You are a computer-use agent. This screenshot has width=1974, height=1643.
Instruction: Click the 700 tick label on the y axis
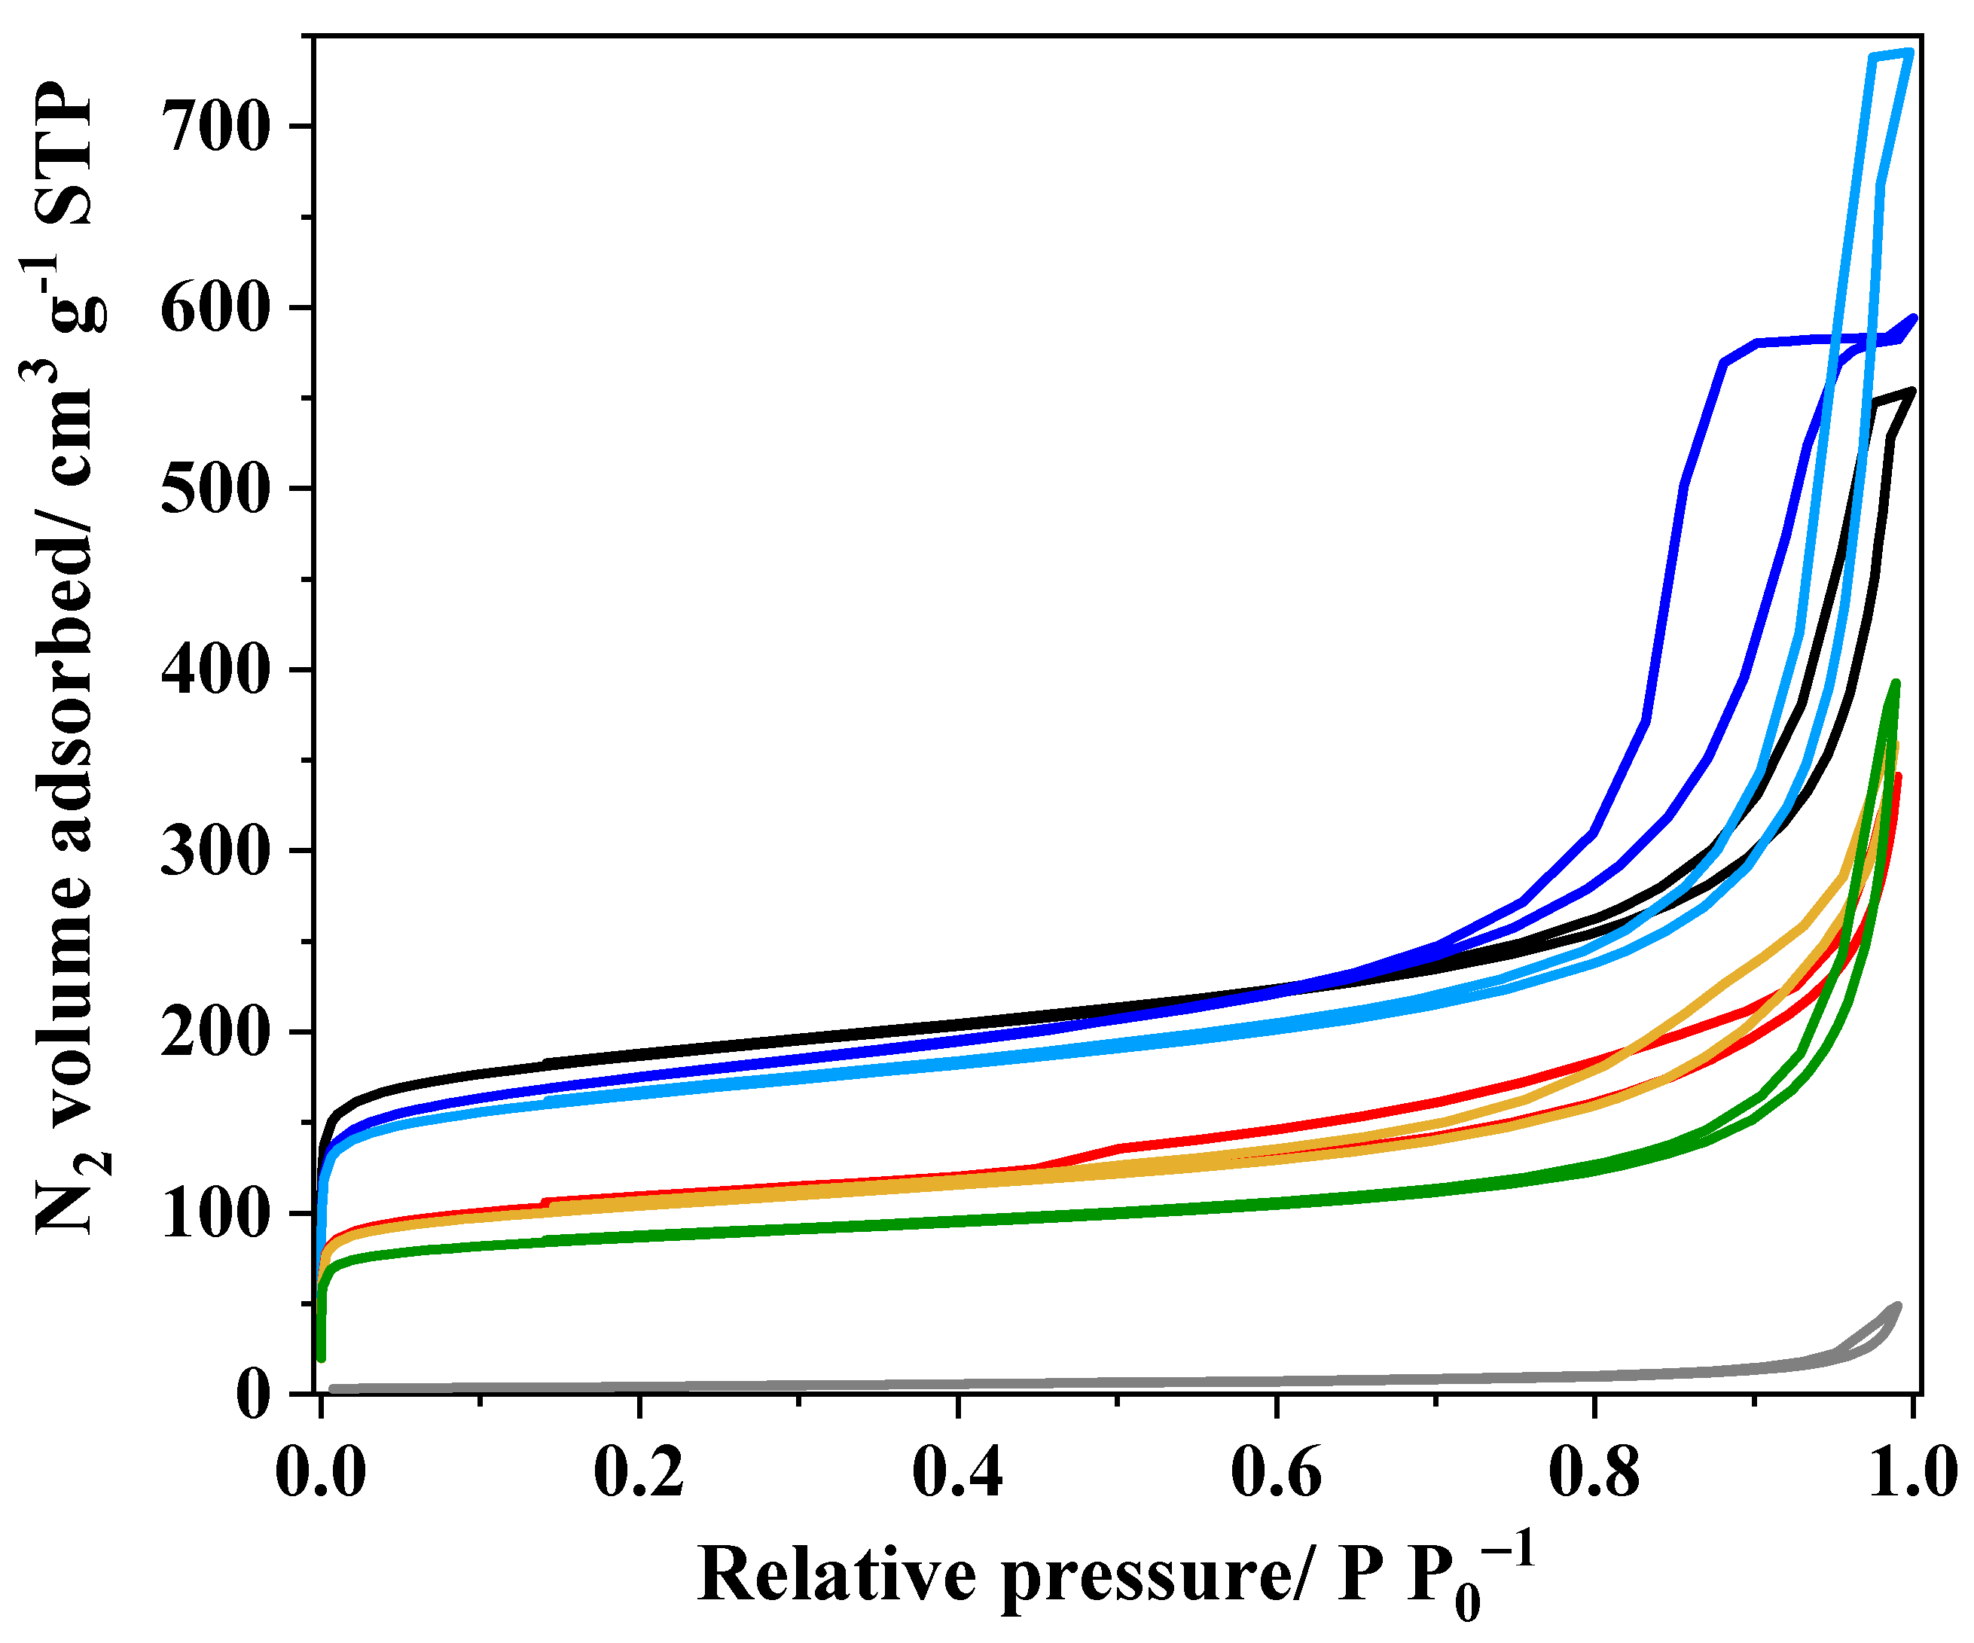[215, 127]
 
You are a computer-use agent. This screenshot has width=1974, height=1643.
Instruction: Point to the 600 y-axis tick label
[215, 308]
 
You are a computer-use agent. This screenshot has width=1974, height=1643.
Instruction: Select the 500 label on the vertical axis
[215, 489]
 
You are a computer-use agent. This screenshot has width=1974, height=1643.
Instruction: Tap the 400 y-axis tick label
[215, 670]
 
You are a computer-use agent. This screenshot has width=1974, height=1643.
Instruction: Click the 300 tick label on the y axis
[215, 852]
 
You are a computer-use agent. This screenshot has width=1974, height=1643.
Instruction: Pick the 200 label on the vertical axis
[215, 1033]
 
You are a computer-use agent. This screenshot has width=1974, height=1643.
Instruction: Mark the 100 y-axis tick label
[215, 1215]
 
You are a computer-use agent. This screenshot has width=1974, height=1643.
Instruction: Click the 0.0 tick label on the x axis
[321, 1473]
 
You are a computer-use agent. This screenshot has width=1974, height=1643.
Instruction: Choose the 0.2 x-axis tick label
[639, 1473]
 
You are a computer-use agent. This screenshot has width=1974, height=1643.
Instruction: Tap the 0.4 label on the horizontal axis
[958, 1473]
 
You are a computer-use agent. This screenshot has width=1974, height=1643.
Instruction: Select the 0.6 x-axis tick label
[1277, 1473]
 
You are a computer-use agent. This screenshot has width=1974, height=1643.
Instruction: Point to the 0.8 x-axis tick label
[1594, 1473]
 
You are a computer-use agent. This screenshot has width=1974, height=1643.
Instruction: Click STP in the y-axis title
[68, 155]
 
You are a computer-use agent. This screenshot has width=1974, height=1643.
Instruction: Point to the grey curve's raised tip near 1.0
[1897, 1306]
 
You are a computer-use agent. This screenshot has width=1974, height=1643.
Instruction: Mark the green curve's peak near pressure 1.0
[1895, 684]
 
